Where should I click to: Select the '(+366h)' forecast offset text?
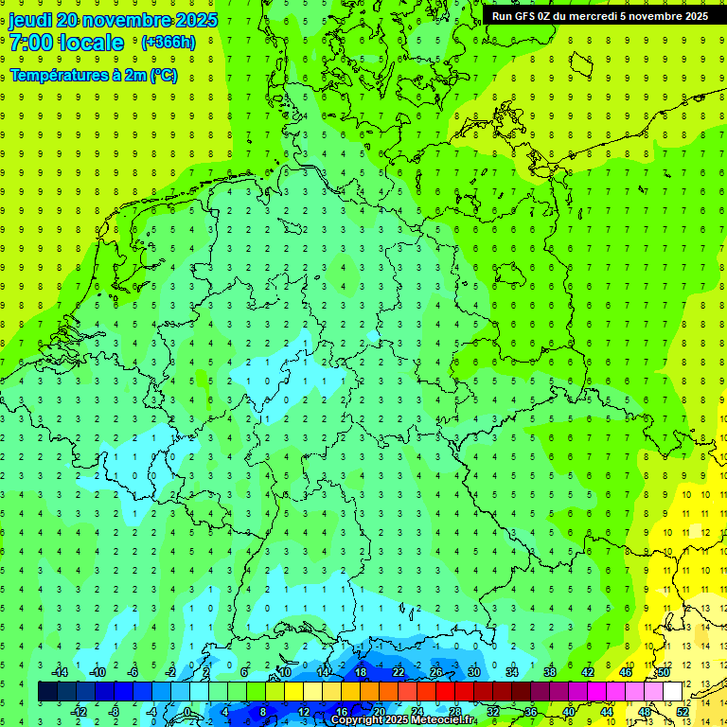[168, 42]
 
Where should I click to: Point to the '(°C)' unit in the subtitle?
[163, 75]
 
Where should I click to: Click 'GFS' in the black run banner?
[525, 16]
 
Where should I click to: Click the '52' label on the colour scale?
[683, 711]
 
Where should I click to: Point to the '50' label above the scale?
[664, 672]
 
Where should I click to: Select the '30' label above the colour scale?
[473, 672]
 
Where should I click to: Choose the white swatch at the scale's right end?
[672, 691]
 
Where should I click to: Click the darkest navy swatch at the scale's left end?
[47, 691]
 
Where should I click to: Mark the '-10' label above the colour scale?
[97, 672]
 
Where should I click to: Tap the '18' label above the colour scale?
[361, 672]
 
